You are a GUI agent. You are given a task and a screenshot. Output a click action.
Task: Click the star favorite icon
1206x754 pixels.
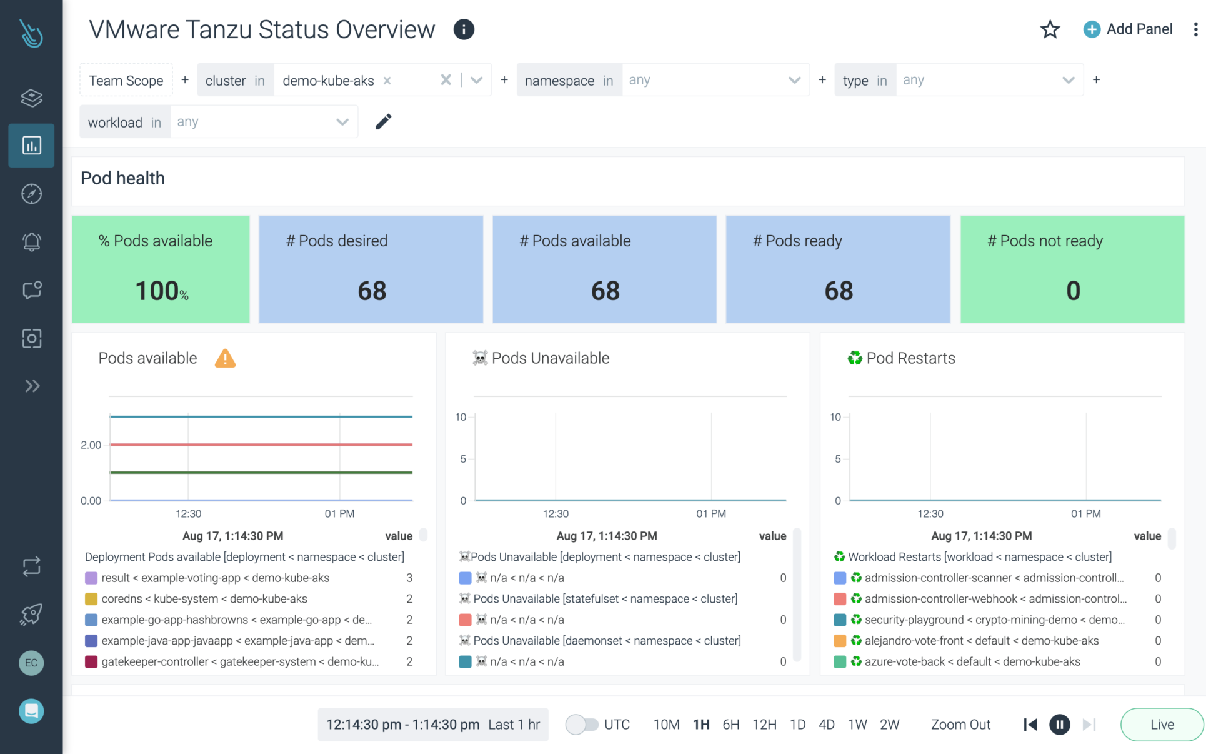tap(1050, 29)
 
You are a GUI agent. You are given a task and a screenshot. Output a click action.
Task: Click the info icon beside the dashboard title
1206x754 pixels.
tap(464, 29)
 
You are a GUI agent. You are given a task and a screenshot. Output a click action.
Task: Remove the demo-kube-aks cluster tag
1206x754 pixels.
tap(387, 81)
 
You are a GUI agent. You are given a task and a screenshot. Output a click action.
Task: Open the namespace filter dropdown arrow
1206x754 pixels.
tap(794, 80)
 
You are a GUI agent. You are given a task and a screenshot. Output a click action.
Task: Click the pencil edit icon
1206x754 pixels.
tap(383, 121)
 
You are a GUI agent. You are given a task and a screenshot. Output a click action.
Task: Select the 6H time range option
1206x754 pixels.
tap(730, 725)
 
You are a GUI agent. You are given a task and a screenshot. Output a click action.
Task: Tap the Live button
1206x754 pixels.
tap(1162, 725)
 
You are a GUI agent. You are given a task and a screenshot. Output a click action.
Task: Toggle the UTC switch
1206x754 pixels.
tap(582, 725)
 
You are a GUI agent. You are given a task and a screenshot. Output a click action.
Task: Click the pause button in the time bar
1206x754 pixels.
tap(1059, 725)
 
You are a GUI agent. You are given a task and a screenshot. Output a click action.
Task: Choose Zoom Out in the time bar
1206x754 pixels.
tap(960, 725)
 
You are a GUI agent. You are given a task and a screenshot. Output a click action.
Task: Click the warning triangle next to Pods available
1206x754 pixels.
tap(225, 359)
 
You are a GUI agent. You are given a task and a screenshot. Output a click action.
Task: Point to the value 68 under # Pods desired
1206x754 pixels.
tap(372, 291)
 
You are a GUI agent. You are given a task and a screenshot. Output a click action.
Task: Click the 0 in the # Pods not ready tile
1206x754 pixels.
tap(1073, 291)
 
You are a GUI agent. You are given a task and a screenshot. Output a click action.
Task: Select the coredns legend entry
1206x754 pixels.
tap(204, 599)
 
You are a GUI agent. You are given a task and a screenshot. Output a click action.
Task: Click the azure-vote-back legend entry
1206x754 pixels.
tap(972, 661)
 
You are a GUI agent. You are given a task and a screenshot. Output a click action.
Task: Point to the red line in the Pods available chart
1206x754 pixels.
tap(261, 445)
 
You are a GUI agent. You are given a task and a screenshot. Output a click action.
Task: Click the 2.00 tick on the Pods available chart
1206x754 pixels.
tap(91, 445)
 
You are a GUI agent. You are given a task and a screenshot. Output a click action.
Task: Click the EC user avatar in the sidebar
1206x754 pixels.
tap(31, 663)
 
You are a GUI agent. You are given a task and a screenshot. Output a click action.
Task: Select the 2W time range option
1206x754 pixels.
tap(889, 725)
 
